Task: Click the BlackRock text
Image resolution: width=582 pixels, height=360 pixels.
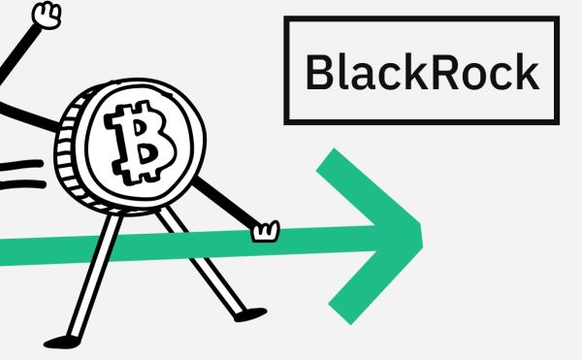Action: [x=422, y=71]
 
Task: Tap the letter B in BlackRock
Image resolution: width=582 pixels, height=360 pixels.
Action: [x=319, y=72]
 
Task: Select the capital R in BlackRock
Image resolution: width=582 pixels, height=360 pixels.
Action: [x=445, y=72]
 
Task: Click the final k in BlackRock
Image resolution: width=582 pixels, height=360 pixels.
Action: [x=528, y=71]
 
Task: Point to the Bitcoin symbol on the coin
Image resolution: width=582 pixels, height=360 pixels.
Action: [x=141, y=143]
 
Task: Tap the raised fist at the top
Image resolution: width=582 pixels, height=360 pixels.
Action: [x=47, y=15]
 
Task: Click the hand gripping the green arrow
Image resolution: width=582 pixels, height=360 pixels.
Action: [x=265, y=232]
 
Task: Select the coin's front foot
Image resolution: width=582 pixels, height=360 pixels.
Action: [x=250, y=314]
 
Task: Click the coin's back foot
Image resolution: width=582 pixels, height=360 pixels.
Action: [x=62, y=342]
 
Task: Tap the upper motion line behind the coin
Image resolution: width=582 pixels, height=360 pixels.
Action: [x=21, y=166]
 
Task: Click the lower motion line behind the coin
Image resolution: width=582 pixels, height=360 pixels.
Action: [x=22, y=184]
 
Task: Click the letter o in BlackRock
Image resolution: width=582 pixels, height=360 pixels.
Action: [x=475, y=77]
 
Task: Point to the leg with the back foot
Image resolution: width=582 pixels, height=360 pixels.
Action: [x=95, y=276]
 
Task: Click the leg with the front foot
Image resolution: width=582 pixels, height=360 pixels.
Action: [x=201, y=260]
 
